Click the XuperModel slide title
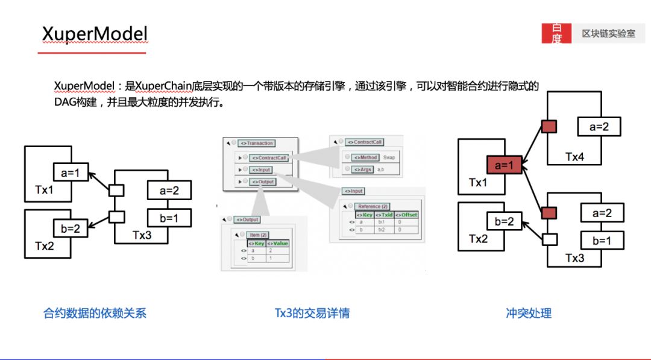tap(95, 34)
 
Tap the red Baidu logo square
tap(556, 34)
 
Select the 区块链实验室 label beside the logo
tap(608, 34)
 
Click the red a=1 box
tap(504, 165)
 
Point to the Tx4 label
tap(574, 157)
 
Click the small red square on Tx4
tap(549, 127)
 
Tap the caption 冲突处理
tap(529, 313)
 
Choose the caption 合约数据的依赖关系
tap(95, 313)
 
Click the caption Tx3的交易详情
tap(312, 313)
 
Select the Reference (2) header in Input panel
tap(374, 206)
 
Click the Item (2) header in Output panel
tap(259, 235)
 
